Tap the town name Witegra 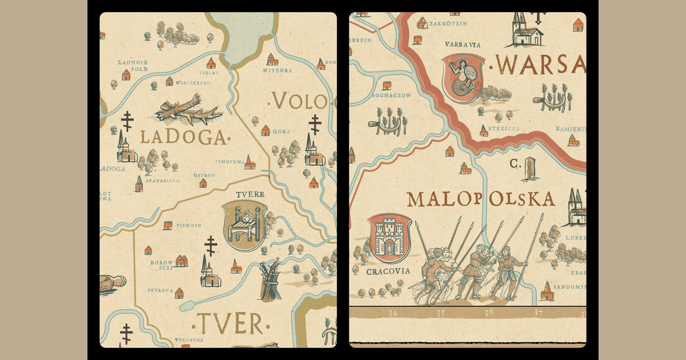tap(277, 71)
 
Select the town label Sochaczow tap(390, 95)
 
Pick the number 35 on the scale tap(440, 313)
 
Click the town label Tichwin tap(189, 225)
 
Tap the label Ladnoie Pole tap(133, 66)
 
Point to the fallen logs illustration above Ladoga tap(188, 110)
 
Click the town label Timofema tap(229, 162)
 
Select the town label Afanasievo tap(163, 181)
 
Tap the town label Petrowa tap(160, 290)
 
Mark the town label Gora tap(281, 131)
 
